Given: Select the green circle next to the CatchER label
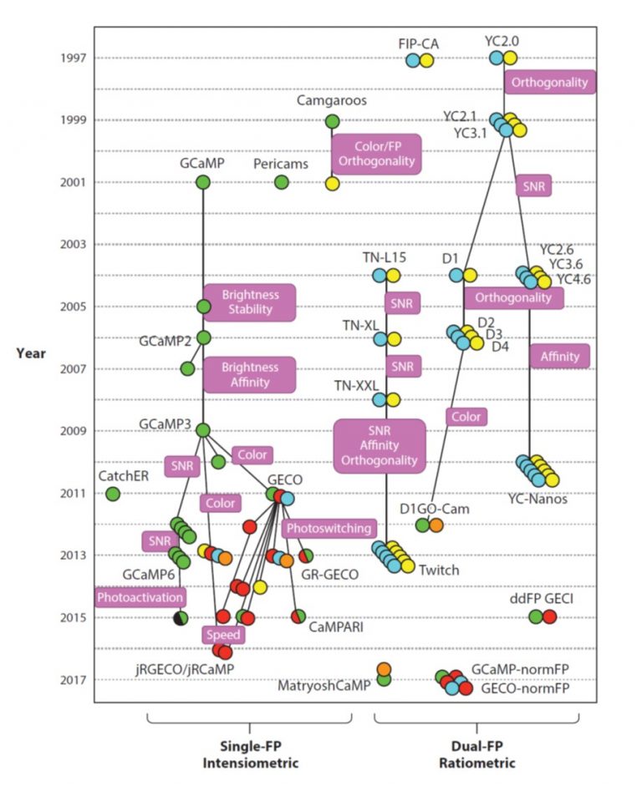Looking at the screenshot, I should click(113, 494).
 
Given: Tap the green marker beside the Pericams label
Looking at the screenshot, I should click(282, 182).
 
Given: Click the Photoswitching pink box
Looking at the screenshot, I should click(329, 529).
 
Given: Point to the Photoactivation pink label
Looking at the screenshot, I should click(140, 597).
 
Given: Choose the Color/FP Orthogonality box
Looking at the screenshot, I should click(375, 154).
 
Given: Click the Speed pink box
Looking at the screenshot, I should click(223, 635).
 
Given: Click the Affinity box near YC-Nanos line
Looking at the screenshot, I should click(560, 357).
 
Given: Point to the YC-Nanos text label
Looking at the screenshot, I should click(538, 499).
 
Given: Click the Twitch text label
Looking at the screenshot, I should click(439, 570).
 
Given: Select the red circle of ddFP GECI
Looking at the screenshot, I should click(549, 616).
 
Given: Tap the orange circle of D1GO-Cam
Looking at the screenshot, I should click(436, 525).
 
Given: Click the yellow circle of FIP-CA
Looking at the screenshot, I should click(426, 60).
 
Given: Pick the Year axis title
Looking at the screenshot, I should click(31, 352).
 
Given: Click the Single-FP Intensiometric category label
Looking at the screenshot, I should click(250, 756).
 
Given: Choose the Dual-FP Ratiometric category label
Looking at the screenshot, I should click(476, 756).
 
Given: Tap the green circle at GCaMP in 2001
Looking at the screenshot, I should click(202, 182).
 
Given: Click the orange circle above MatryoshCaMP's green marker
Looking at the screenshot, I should click(384, 669).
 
